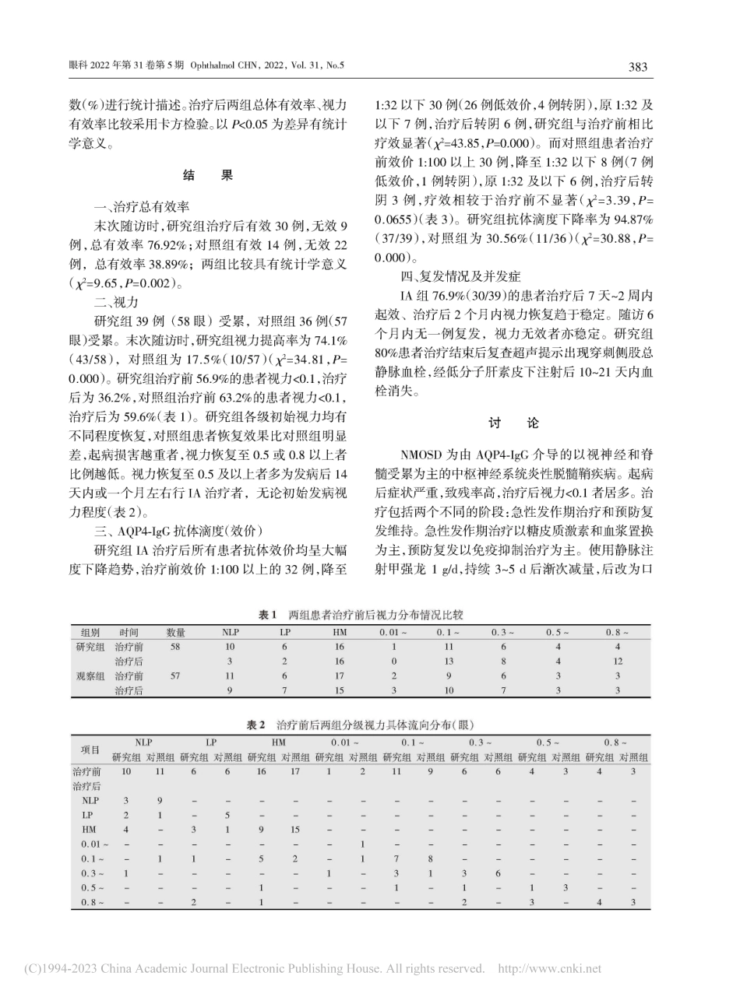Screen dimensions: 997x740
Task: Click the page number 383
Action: point(637,67)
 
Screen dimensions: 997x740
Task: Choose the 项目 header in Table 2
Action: point(90,750)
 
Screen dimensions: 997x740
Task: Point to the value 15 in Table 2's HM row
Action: point(294,830)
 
